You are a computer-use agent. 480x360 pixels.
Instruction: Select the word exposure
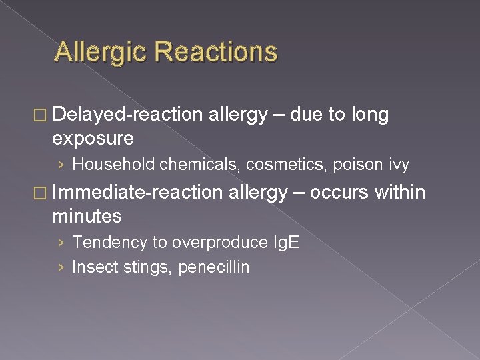click(x=93, y=139)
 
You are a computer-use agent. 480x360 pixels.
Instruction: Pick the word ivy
click(x=399, y=164)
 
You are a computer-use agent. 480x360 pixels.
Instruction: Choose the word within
click(x=399, y=193)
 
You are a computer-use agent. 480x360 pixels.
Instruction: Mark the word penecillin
click(x=213, y=267)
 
